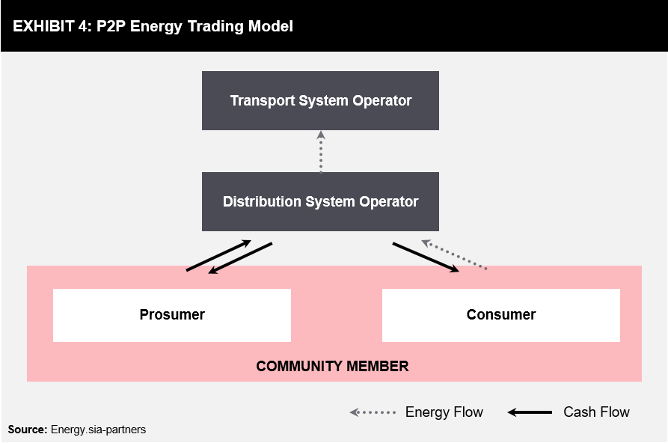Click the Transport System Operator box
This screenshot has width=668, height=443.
pos(320,100)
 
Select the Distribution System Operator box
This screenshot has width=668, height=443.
pos(320,202)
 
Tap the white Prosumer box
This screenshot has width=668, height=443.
pos(172,315)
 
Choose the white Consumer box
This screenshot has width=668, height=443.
pos(501,315)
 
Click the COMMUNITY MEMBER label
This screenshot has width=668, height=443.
pos(332,366)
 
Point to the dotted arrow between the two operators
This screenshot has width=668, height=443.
pos(321,152)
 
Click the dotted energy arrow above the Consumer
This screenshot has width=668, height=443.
pos(454,254)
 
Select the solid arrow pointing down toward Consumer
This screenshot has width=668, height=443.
pos(426,257)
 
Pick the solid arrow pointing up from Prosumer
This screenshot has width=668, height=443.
pos(218,255)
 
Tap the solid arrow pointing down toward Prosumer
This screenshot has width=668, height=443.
pos(240,258)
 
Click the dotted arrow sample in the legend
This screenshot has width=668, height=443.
pos(373,412)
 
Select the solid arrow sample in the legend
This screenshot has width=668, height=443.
pos(530,412)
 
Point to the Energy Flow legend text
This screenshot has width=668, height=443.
pos(444,412)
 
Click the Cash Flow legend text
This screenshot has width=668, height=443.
pos(596,412)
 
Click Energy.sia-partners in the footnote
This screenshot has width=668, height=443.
pos(98,430)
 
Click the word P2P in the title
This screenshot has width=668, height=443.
pos(111,26)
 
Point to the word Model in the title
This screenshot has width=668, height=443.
pos(271,26)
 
